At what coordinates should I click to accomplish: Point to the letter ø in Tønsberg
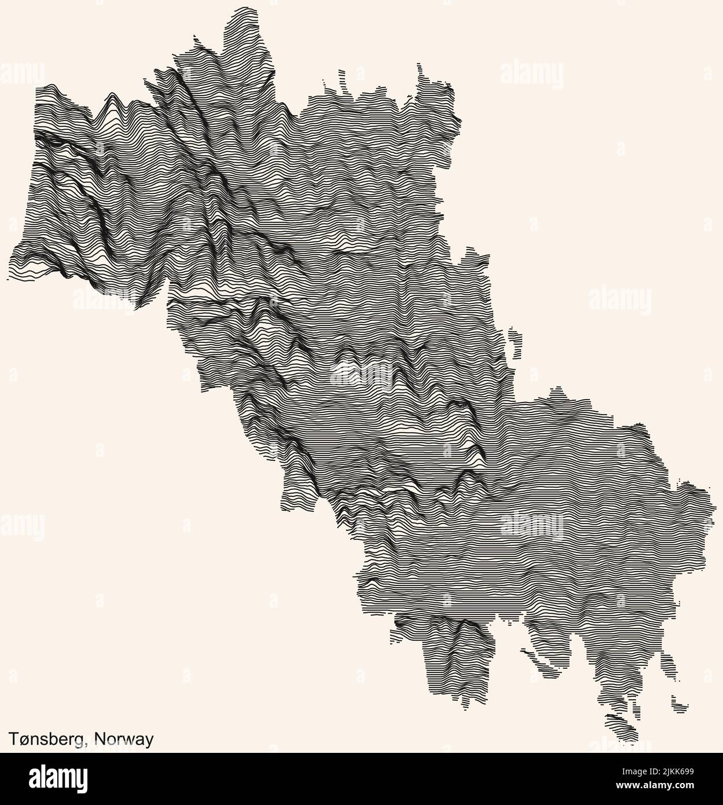[x=25, y=740]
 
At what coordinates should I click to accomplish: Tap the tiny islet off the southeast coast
[x=680, y=704]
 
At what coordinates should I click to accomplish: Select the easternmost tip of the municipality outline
[x=707, y=490]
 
